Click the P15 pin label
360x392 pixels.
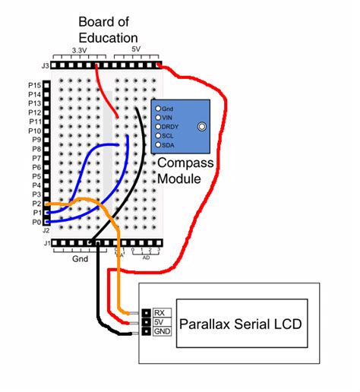tap(33, 84)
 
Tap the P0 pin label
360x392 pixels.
tap(35, 222)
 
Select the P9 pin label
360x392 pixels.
tap(35, 140)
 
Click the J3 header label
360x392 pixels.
tap(46, 66)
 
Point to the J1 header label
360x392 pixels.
tap(46, 243)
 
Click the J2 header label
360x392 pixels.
tap(46, 229)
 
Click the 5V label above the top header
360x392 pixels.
tap(137, 50)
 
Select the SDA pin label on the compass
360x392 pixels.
tap(169, 144)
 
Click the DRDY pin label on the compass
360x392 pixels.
tap(171, 126)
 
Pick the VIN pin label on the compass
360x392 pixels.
tap(169, 118)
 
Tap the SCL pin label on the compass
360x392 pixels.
tap(169, 135)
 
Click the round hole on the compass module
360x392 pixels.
tap(202, 127)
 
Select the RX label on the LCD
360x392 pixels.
tap(160, 312)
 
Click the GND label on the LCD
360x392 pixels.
tap(163, 332)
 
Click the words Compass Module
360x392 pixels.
tap(185, 172)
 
